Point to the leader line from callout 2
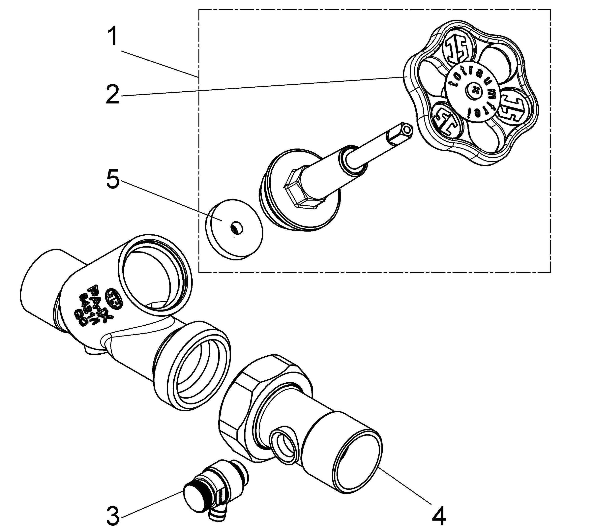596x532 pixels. click(263, 86)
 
